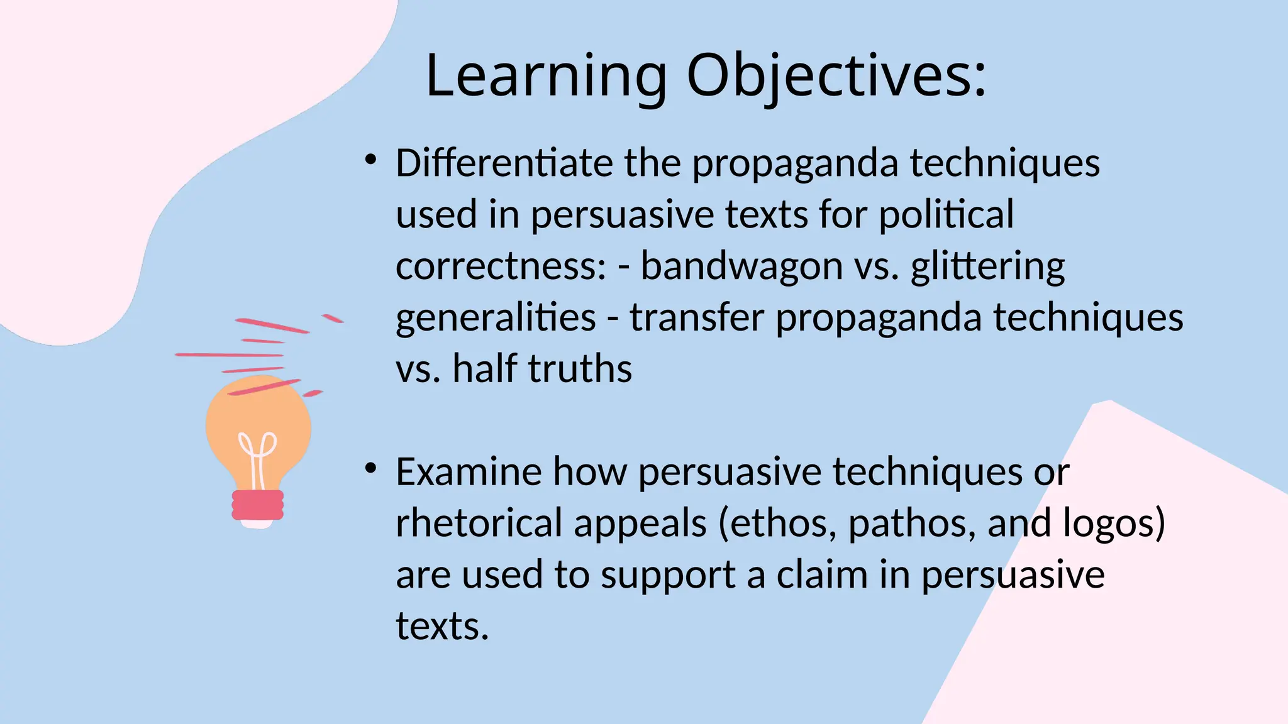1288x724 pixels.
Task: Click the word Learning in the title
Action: coord(545,77)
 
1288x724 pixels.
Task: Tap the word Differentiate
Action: coord(504,163)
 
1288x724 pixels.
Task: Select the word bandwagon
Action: coord(741,266)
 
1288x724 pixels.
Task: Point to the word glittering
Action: coord(987,267)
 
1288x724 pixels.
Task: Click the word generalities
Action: coord(496,318)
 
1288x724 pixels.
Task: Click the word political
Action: coord(946,215)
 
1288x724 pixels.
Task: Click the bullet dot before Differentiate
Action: coord(370,160)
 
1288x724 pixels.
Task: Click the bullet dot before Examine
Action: coord(370,468)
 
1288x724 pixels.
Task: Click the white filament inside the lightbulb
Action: coord(257,456)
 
